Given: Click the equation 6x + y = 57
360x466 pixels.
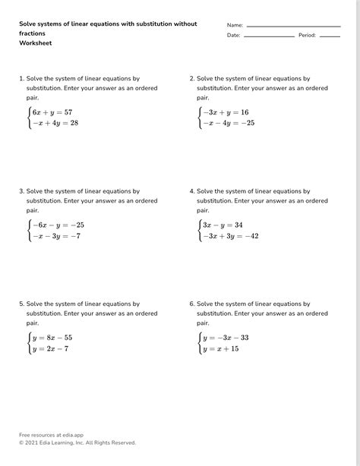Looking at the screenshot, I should (x=52, y=112).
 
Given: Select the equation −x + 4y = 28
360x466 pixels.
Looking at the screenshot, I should (x=54, y=123).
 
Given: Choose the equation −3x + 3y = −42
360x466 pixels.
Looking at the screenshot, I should (x=230, y=236).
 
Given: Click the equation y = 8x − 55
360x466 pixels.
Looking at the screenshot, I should (x=52, y=337).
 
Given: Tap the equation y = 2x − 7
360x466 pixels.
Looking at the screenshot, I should (x=49, y=348).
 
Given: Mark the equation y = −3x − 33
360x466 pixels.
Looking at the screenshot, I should (x=226, y=337).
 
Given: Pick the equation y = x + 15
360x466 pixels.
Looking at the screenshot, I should (x=220, y=348).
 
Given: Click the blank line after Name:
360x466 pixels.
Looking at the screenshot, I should (x=293, y=26).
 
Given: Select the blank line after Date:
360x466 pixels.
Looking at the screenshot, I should (x=269, y=36).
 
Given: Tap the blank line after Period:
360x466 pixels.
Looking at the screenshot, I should (x=330, y=36).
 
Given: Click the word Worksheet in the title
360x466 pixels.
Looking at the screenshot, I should (x=36, y=43).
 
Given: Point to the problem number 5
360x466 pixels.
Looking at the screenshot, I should (x=21, y=304).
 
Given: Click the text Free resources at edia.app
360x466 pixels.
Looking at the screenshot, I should (x=51, y=435).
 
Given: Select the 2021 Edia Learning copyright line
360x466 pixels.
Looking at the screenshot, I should (x=77, y=442).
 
